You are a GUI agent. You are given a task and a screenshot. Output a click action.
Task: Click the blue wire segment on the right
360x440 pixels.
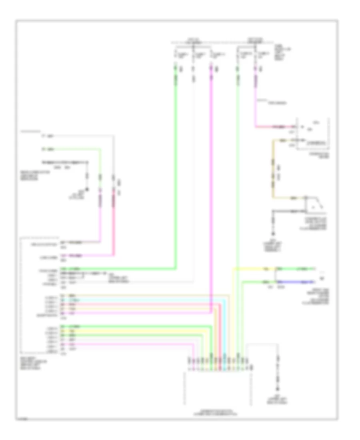[294, 282]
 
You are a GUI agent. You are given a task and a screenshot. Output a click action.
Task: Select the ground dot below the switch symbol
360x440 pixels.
[274, 234]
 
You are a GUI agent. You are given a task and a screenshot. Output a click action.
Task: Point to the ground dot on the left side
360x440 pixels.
[88, 188]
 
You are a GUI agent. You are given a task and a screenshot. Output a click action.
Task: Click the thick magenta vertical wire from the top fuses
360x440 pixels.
[211, 180]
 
